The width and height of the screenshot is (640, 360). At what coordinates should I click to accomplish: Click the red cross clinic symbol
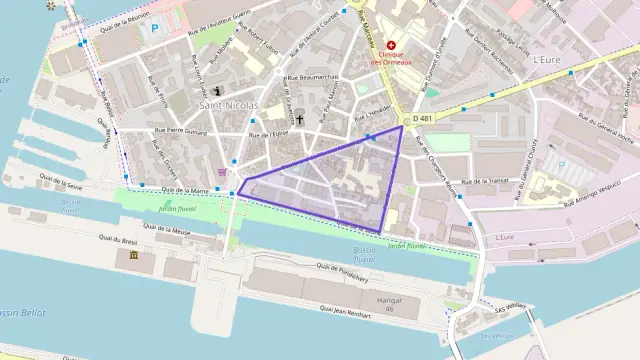[x=391, y=45]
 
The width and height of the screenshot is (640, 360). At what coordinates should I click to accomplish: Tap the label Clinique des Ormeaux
[x=391, y=59]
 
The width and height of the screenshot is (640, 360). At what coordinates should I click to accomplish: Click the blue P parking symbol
[x=154, y=29]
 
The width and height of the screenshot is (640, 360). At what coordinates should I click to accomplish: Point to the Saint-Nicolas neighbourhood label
[x=229, y=105]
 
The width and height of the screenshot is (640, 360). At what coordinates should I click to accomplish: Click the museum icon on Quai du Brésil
[x=134, y=259]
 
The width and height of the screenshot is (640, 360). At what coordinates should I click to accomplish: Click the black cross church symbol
[x=299, y=118]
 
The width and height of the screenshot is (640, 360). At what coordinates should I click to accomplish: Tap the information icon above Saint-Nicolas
[x=220, y=91]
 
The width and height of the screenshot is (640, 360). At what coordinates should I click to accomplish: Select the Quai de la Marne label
[x=185, y=189]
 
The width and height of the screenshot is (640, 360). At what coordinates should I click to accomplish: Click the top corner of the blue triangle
[x=402, y=126]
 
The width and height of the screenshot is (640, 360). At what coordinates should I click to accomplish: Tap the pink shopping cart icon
[x=223, y=171]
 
